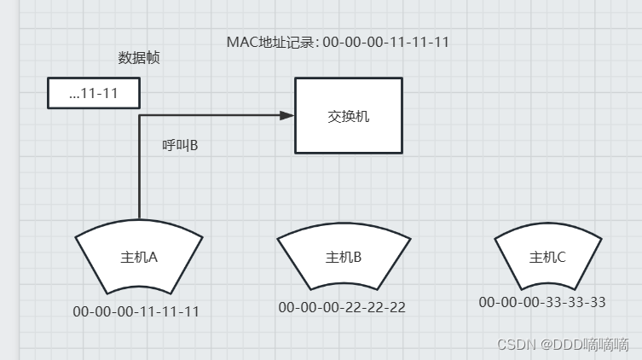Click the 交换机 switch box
click(349, 115)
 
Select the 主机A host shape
click(139, 256)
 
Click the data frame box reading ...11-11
click(93, 93)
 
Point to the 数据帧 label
click(139, 58)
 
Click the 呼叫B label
click(180, 146)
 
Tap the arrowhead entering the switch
click(289, 115)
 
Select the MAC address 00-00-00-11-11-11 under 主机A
click(136, 311)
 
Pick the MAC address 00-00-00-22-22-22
click(342, 307)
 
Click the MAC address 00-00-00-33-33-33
click(542, 302)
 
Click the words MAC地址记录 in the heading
click(271, 42)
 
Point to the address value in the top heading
click(386, 42)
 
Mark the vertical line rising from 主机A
click(139, 171)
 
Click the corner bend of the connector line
click(139, 115)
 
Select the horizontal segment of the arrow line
click(213, 115)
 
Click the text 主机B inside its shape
click(343, 257)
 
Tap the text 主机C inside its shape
click(547, 257)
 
